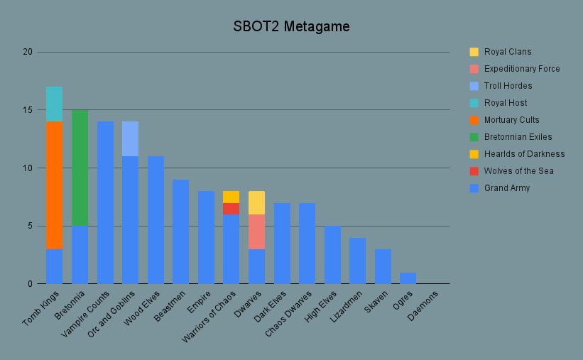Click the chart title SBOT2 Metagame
click(291, 27)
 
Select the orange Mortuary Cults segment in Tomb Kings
click(55, 185)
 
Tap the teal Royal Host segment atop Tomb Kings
click(55, 104)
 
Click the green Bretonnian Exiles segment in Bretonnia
click(80, 168)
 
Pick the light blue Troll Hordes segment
click(130, 138)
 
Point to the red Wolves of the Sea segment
click(231, 208)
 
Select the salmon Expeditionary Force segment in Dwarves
click(256, 231)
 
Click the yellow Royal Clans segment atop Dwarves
click(256, 202)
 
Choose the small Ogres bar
click(408, 278)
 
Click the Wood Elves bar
click(156, 220)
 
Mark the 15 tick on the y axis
click(28, 110)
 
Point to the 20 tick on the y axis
click(28, 52)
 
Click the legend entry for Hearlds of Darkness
click(524, 154)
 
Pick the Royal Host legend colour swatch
click(474, 103)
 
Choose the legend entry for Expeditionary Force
click(522, 69)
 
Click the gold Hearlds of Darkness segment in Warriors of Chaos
click(231, 197)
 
